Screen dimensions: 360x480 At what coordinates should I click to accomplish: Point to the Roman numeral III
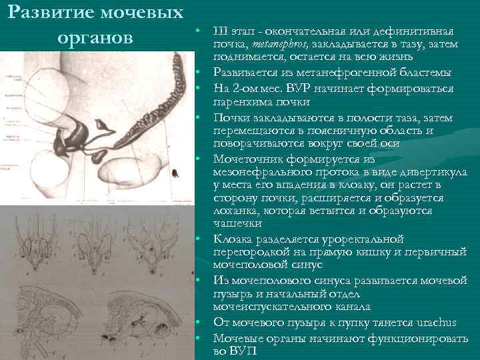pos(219,32)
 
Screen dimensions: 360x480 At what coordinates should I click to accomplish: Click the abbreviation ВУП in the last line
pos(240,351)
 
